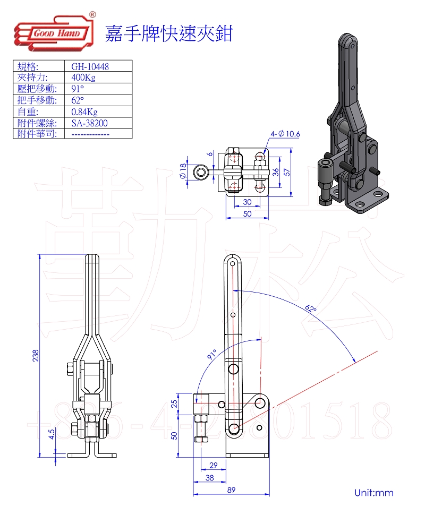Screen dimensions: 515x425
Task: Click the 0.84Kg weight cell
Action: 84,111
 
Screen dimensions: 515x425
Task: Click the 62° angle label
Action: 311,308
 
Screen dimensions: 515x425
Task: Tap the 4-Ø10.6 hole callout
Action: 286,134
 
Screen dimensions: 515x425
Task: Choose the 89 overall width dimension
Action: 231,490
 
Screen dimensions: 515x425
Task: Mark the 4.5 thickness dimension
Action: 52,434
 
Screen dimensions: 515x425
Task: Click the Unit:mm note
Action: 374,493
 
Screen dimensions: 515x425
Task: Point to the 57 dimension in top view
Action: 301,172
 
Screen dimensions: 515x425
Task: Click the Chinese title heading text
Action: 168,33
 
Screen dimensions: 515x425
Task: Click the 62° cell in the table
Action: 78,100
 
